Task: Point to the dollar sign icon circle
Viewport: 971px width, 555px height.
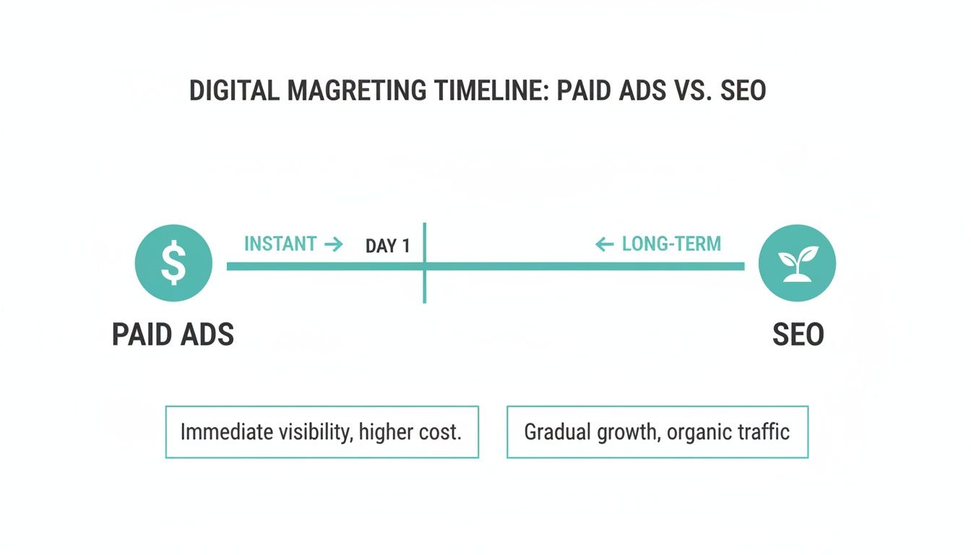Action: pos(173,262)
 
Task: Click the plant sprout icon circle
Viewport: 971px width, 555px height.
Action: pos(797,262)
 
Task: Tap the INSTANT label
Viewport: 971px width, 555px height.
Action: pos(280,244)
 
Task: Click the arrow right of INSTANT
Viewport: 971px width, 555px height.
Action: pos(333,244)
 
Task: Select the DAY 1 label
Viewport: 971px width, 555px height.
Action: pos(387,246)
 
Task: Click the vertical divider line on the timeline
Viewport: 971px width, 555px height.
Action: pos(424,285)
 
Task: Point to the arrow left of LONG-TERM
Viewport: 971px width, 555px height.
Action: pos(604,244)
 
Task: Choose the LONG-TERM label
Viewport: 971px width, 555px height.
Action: pos(671,244)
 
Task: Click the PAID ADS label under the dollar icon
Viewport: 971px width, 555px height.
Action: pos(173,335)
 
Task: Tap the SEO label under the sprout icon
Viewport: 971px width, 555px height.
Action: pos(798,335)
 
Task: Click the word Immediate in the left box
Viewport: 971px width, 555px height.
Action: pos(220,432)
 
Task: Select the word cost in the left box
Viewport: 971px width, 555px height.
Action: pos(440,432)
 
